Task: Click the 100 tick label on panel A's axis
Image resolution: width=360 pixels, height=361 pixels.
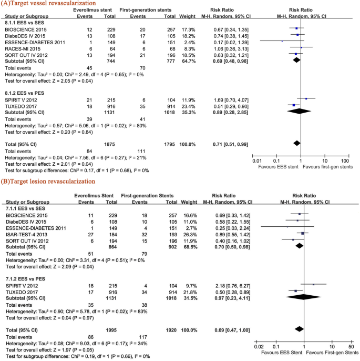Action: tap(345, 160)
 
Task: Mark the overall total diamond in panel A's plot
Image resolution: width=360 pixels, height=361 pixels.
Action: tap(296, 143)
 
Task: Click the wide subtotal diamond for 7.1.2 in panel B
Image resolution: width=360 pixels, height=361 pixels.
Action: tap(300, 297)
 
